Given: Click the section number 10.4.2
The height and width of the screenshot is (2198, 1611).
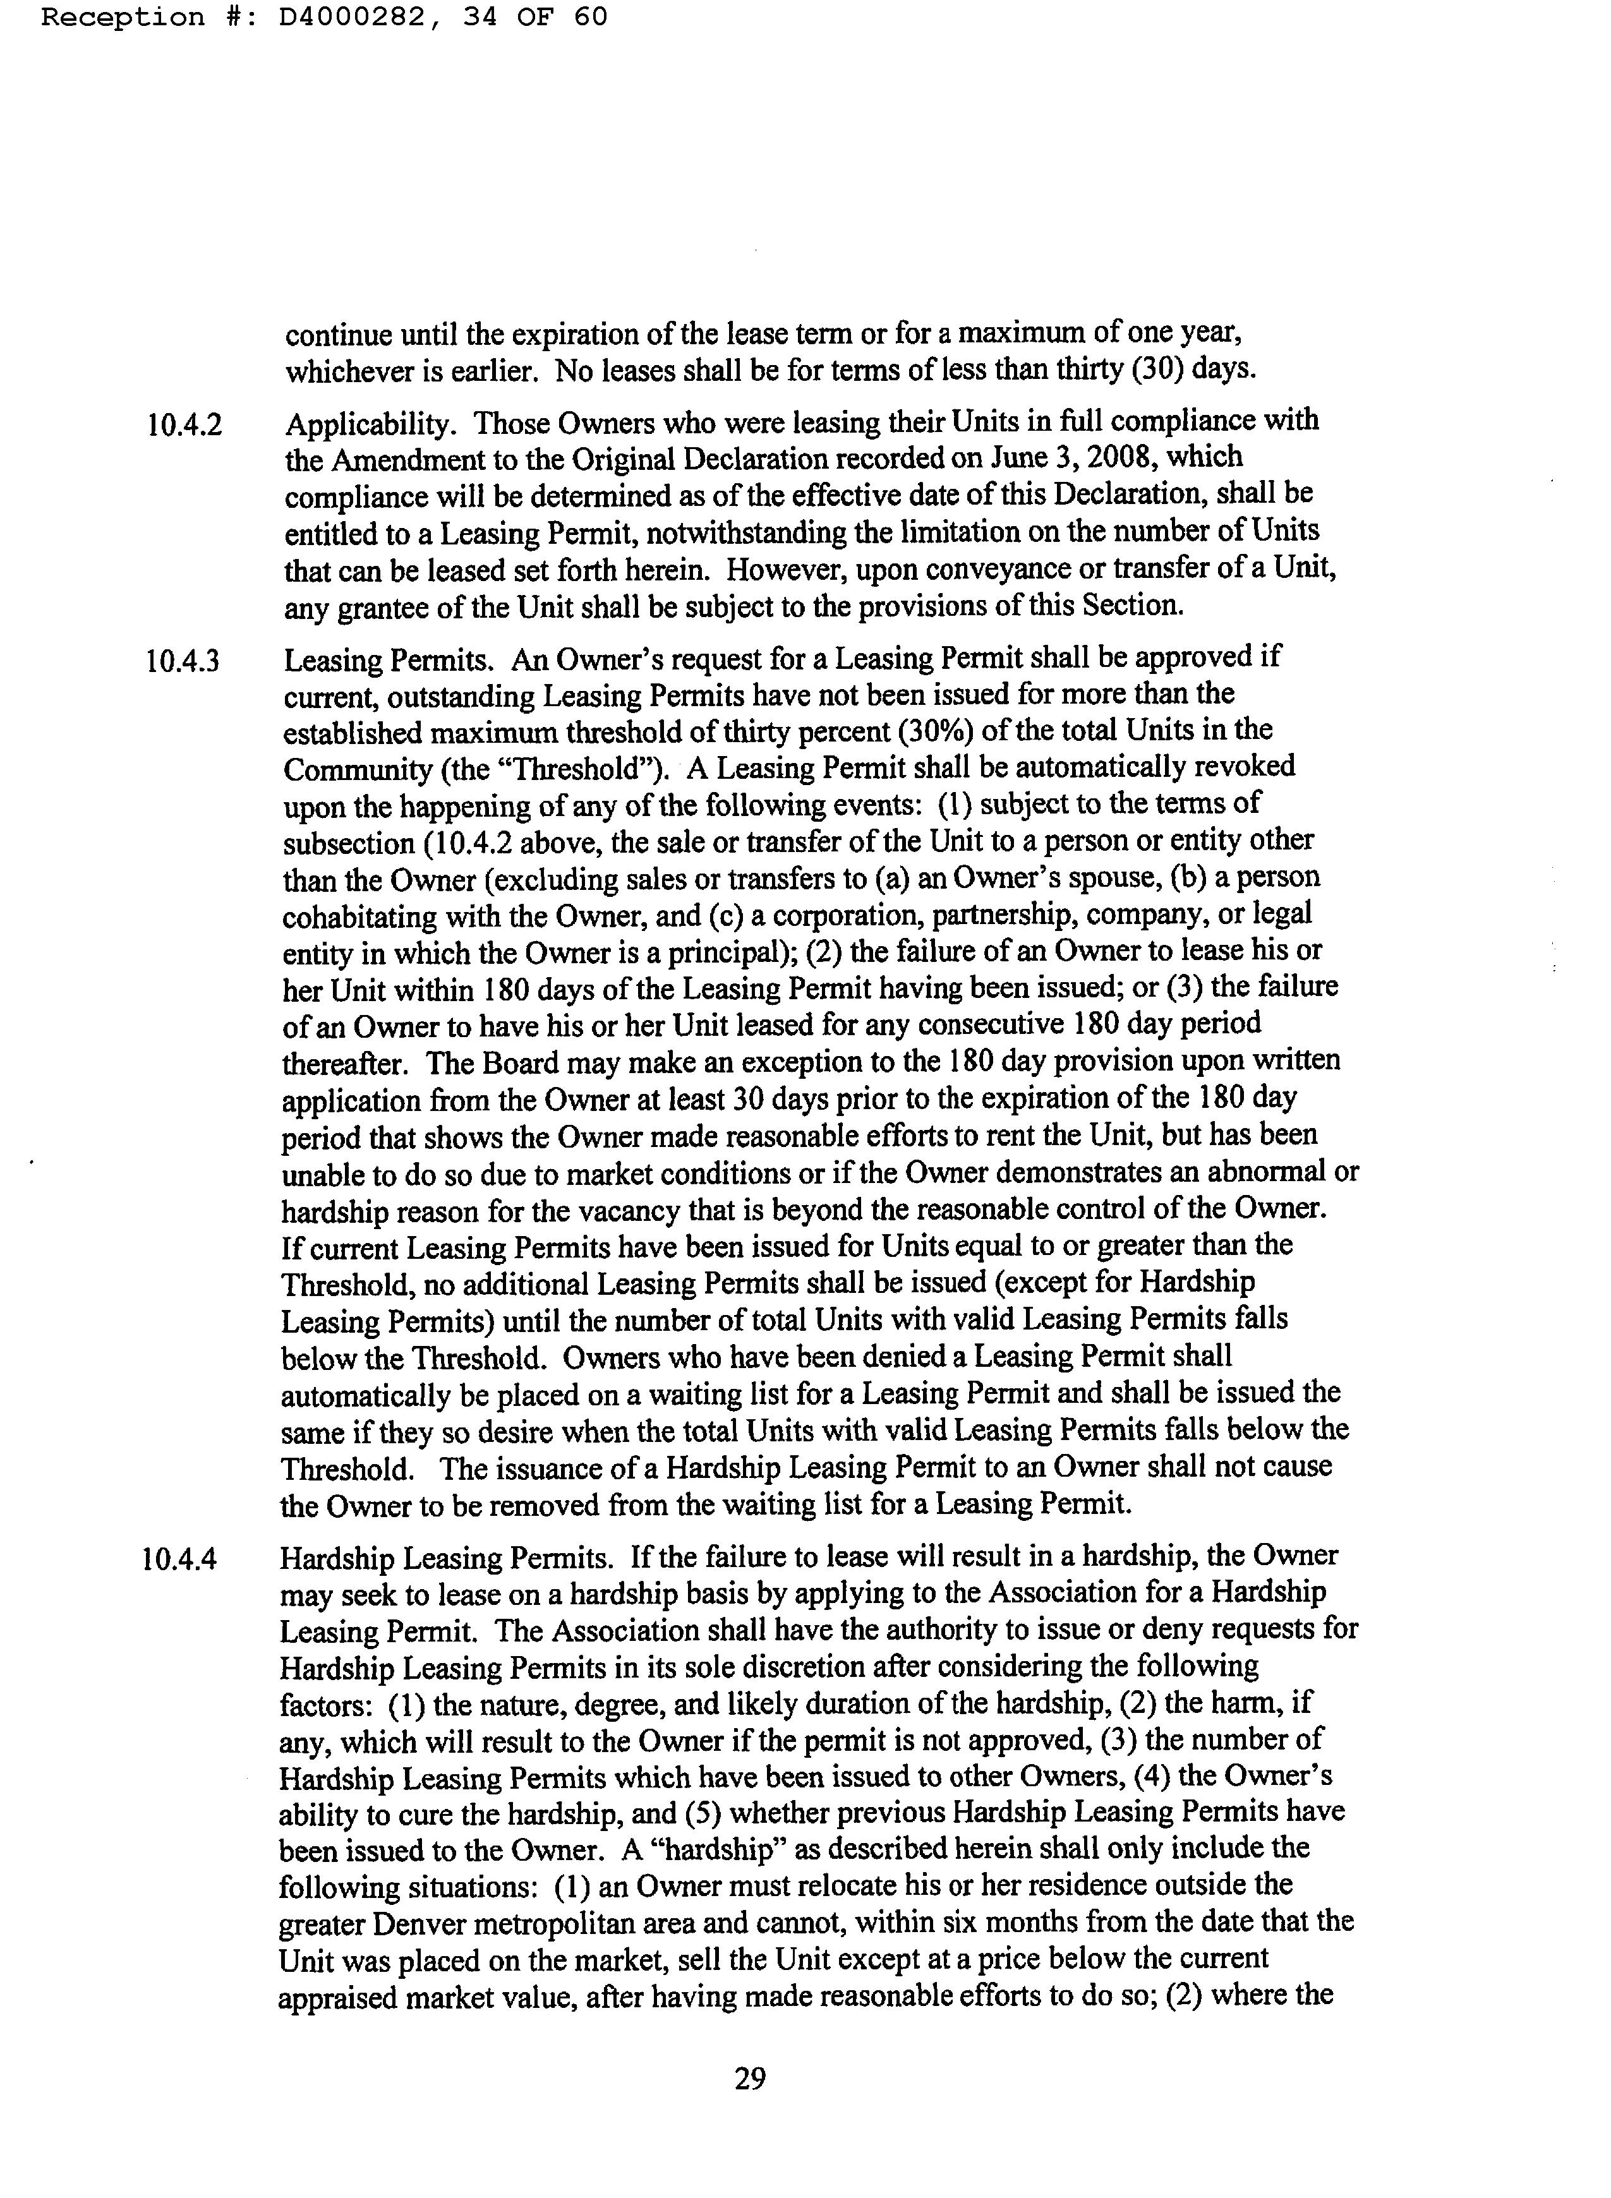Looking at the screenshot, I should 184,425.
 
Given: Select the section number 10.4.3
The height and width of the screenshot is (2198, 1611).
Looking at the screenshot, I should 183,662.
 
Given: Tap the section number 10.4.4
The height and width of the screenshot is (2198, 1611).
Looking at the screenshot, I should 179,1559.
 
